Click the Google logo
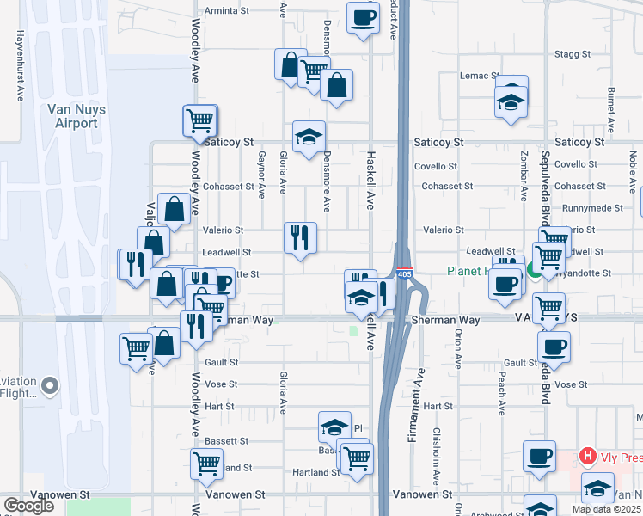click(x=28, y=506)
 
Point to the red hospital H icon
click(x=588, y=455)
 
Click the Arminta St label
click(x=226, y=11)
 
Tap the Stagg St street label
click(x=573, y=53)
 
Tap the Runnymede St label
click(x=592, y=208)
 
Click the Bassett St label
click(x=226, y=441)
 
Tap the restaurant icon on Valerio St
click(x=301, y=237)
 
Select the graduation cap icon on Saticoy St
click(x=309, y=136)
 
